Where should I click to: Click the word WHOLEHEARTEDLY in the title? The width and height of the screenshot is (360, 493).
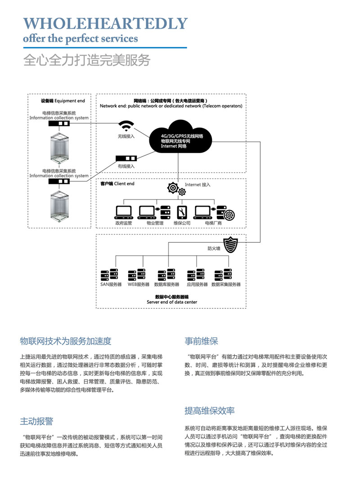(x=105, y=23)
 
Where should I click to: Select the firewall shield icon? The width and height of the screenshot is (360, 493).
(x=230, y=245)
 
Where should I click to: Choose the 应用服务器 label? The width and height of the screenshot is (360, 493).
(x=197, y=285)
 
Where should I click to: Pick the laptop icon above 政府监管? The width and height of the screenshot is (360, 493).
(x=122, y=211)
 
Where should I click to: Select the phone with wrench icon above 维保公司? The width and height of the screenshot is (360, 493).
(x=182, y=212)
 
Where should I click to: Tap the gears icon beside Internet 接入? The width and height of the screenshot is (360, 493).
(x=176, y=188)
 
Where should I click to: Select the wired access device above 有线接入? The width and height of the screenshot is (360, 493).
(x=126, y=158)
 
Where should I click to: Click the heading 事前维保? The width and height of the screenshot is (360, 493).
(x=201, y=340)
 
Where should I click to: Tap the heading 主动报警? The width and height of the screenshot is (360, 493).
(x=36, y=421)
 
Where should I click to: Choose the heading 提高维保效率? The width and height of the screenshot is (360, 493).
(x=210, y=411)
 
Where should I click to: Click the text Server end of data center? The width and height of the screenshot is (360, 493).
(x=171, y=302)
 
